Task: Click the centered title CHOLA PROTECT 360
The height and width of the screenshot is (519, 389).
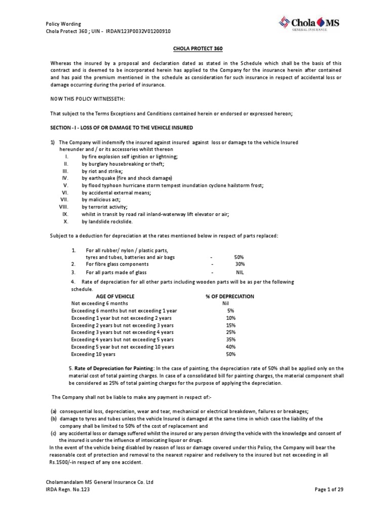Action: (x=194, y=48)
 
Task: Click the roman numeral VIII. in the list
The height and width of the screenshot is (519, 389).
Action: (x=63, y=207)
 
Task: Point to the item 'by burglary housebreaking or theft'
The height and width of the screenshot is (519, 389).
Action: (x=123, y=165)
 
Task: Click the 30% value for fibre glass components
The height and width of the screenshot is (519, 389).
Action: (x=240, y=264)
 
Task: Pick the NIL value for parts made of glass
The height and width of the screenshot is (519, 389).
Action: (x=240, y=272)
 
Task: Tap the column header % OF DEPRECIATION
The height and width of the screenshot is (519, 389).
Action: (x=229, y=296)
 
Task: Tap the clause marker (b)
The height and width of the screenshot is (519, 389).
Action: (x=53, y=419)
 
